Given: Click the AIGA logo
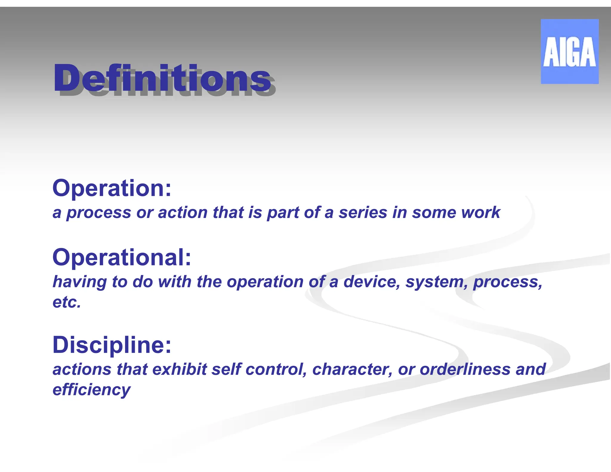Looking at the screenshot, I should pos(569,51).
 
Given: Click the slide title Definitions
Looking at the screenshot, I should pos(163,78).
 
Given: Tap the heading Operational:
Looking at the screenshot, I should pos(122,257).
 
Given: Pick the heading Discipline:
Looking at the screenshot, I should pos(112,345).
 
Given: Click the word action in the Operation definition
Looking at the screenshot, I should pos(183,212).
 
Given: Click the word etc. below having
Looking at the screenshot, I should pos(67,302).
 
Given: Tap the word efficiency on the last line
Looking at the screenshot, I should pos(91,390).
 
